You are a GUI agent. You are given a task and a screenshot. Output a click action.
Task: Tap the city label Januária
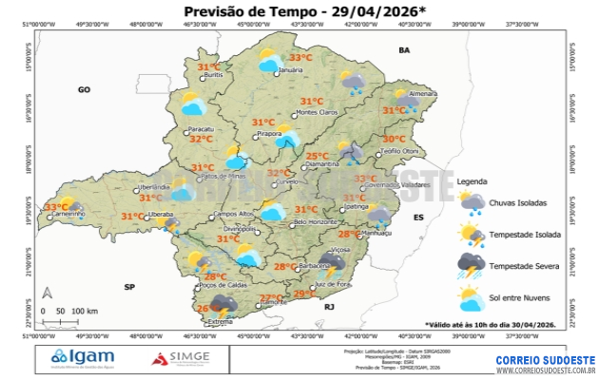(291, 71)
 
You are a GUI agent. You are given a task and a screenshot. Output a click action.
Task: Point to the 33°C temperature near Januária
(301, 57)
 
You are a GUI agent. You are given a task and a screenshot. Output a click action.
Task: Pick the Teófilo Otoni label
(399, 152)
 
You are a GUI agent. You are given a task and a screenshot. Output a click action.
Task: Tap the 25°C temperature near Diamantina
(317, 156)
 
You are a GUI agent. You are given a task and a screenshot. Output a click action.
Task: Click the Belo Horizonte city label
(316, 221)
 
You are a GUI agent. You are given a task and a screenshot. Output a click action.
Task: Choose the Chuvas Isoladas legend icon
(471, 201)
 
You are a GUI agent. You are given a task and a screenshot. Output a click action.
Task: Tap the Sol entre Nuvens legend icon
(471, 300)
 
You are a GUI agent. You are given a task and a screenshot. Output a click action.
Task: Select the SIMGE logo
(184, 358)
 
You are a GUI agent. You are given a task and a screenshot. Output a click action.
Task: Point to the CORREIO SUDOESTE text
(546, 360)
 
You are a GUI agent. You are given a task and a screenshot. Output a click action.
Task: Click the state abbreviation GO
(84, 88)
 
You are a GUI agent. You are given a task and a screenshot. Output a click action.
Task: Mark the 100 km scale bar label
(85, 312)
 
